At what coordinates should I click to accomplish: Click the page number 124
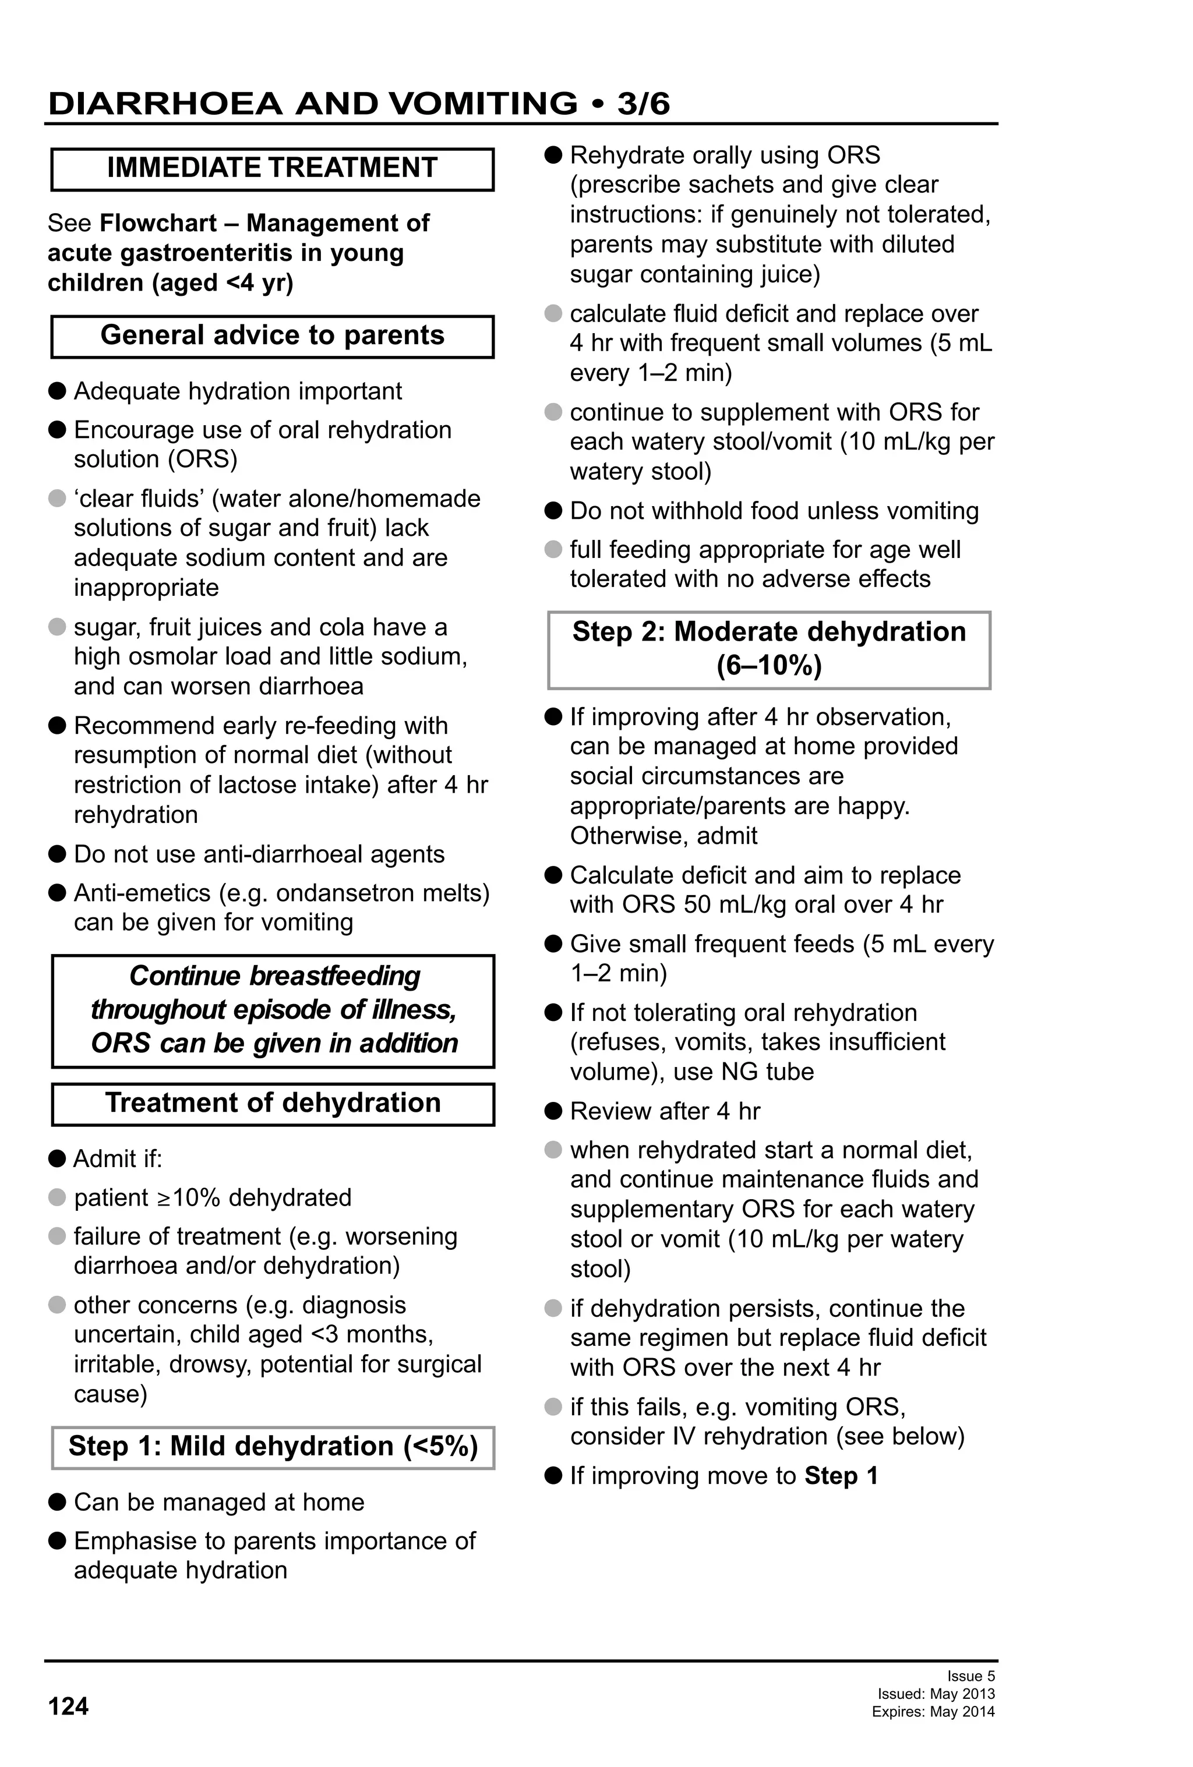68,1706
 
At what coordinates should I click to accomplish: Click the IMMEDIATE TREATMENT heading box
272,169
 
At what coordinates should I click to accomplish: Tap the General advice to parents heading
272,336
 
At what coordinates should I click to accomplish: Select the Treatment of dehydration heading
272,1103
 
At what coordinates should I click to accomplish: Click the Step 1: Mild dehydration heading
272,1446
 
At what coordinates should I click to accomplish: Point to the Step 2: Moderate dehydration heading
769,649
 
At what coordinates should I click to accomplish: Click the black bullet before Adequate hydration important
57,391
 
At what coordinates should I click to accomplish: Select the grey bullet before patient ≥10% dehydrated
57,1197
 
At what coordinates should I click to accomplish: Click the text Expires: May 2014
933,1712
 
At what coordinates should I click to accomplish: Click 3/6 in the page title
643,104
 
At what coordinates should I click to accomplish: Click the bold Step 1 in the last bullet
841,1476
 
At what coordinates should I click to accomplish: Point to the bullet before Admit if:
57,1159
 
